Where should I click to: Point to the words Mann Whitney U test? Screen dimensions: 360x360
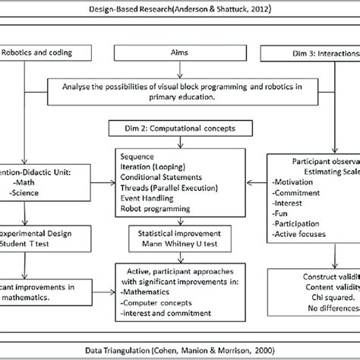coord(180,245)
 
